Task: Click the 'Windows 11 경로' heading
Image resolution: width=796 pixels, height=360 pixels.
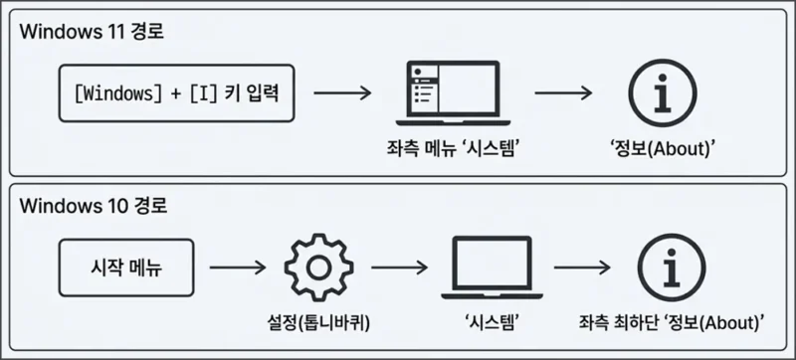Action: point(91,32)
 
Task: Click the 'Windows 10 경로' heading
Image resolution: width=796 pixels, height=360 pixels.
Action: point(91,208)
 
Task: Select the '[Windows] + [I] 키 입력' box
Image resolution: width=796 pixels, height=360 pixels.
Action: point(177,93)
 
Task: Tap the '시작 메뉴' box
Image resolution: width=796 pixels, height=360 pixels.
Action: point(124,268)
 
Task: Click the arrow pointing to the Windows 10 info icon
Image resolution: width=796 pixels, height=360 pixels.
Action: point(582,268)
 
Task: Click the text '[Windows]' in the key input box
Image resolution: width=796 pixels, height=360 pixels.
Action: point(117,93)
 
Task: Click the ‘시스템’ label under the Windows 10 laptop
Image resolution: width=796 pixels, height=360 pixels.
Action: point(494,321)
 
